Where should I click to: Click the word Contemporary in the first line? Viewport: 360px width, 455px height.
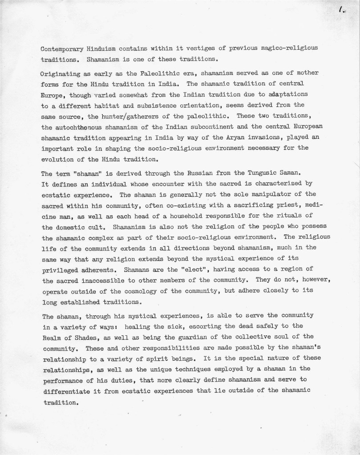[61, 48]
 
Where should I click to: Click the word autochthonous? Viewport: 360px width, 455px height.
[79, 127]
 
